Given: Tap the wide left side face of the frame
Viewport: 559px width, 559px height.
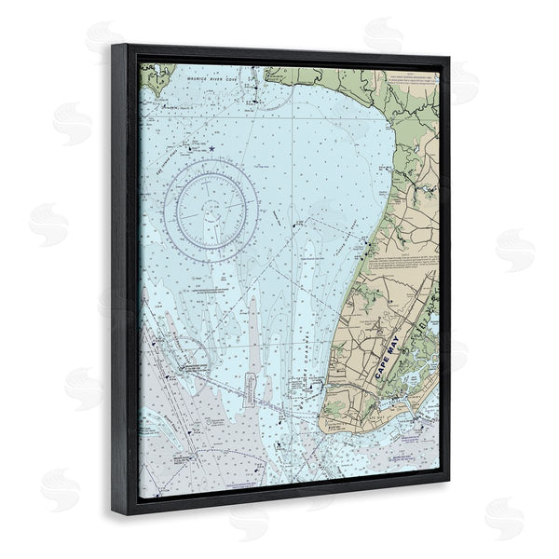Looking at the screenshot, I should click(x=125, y=279).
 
